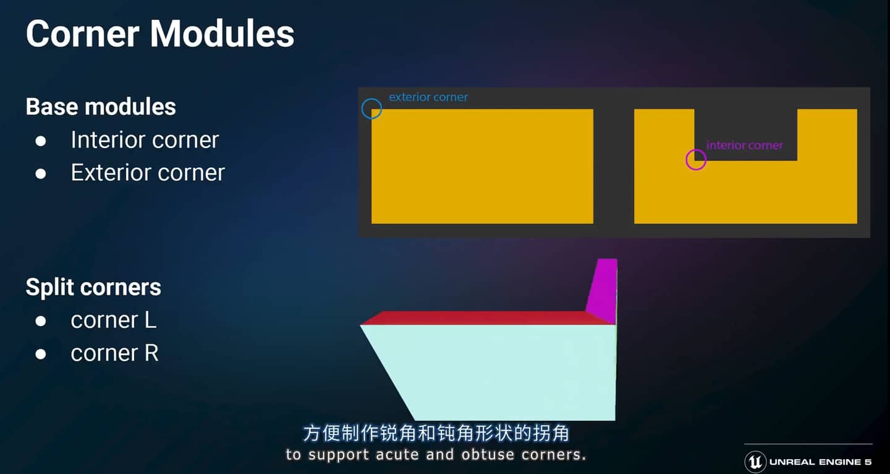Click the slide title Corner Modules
(160, 34)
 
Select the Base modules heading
(101, 107)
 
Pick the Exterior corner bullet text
(148, 173)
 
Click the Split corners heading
(93, 287)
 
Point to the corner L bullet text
(114, 320)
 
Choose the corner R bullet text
(114, 352)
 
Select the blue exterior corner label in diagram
(428, 97)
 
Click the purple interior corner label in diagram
(745, 145)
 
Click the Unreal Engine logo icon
(755, 462)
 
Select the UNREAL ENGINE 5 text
(821, 462)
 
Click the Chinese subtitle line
(436, 433)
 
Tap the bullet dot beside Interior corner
(41, 141)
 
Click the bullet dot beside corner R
(41, 354)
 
